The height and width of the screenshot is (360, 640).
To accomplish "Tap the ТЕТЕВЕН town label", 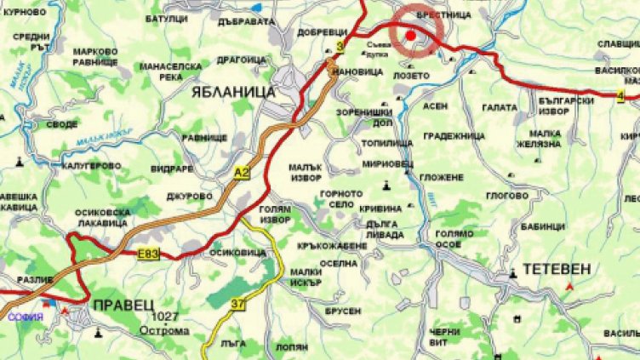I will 557,269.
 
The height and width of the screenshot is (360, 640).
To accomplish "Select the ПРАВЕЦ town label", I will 120,303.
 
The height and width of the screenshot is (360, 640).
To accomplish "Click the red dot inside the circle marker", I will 410,36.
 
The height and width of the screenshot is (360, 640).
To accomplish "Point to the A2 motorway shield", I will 242,173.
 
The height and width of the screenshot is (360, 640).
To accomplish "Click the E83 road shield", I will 147,254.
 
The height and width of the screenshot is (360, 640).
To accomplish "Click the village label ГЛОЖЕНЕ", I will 441,177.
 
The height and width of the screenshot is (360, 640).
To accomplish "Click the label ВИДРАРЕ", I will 174,168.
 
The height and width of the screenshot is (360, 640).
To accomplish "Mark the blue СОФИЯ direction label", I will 26,316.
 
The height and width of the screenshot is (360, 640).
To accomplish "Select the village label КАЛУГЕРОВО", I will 92,165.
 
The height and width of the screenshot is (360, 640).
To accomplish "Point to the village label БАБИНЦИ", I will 544,226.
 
